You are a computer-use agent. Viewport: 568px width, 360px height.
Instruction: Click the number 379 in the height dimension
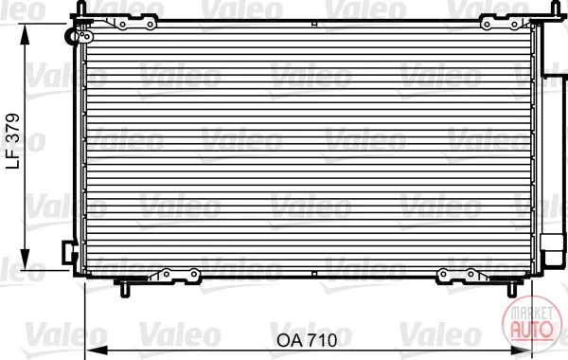tap(13, 127)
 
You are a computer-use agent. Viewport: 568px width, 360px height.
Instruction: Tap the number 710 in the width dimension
tap(322, 340)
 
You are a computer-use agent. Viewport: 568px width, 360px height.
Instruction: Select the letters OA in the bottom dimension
tap(290, 340)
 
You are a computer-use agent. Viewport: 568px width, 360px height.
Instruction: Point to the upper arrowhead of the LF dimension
tap(25, 34)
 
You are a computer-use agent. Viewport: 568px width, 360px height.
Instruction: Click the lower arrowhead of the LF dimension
tap(25, 260)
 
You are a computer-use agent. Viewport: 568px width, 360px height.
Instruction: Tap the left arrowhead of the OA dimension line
tap(96, 351)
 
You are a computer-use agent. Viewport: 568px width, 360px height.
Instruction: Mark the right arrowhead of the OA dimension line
tap(521, 351)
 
